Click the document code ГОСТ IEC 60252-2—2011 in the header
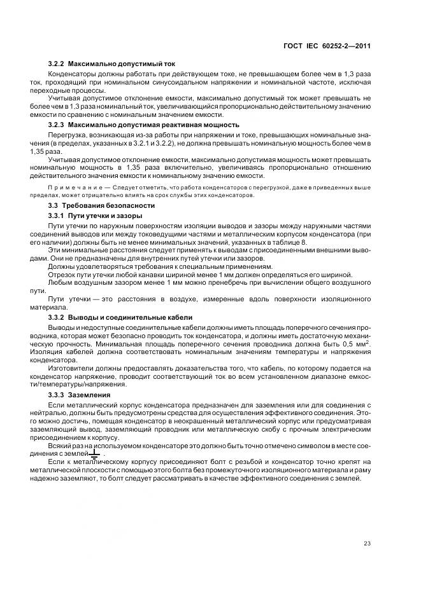coord(328,46)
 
